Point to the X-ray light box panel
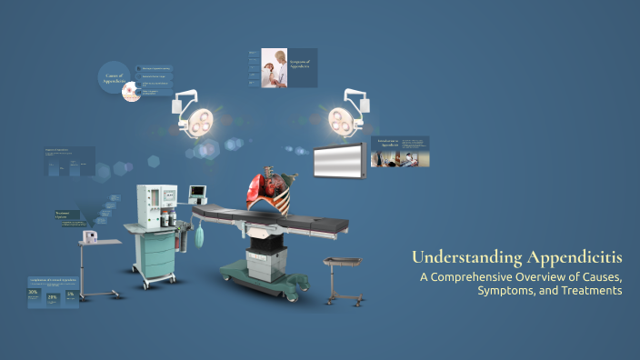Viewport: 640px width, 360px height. point(340,161)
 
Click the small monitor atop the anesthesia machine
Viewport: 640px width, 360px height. point(198,192)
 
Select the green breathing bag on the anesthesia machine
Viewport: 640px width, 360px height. point(198,238)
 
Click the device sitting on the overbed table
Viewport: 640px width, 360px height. point(90,236)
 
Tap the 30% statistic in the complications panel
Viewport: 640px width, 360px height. point(34,293)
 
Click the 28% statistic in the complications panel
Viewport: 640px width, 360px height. point(53,296)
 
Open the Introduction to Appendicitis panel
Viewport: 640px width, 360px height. point(399,152)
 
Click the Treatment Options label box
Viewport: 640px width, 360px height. point(66,216)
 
